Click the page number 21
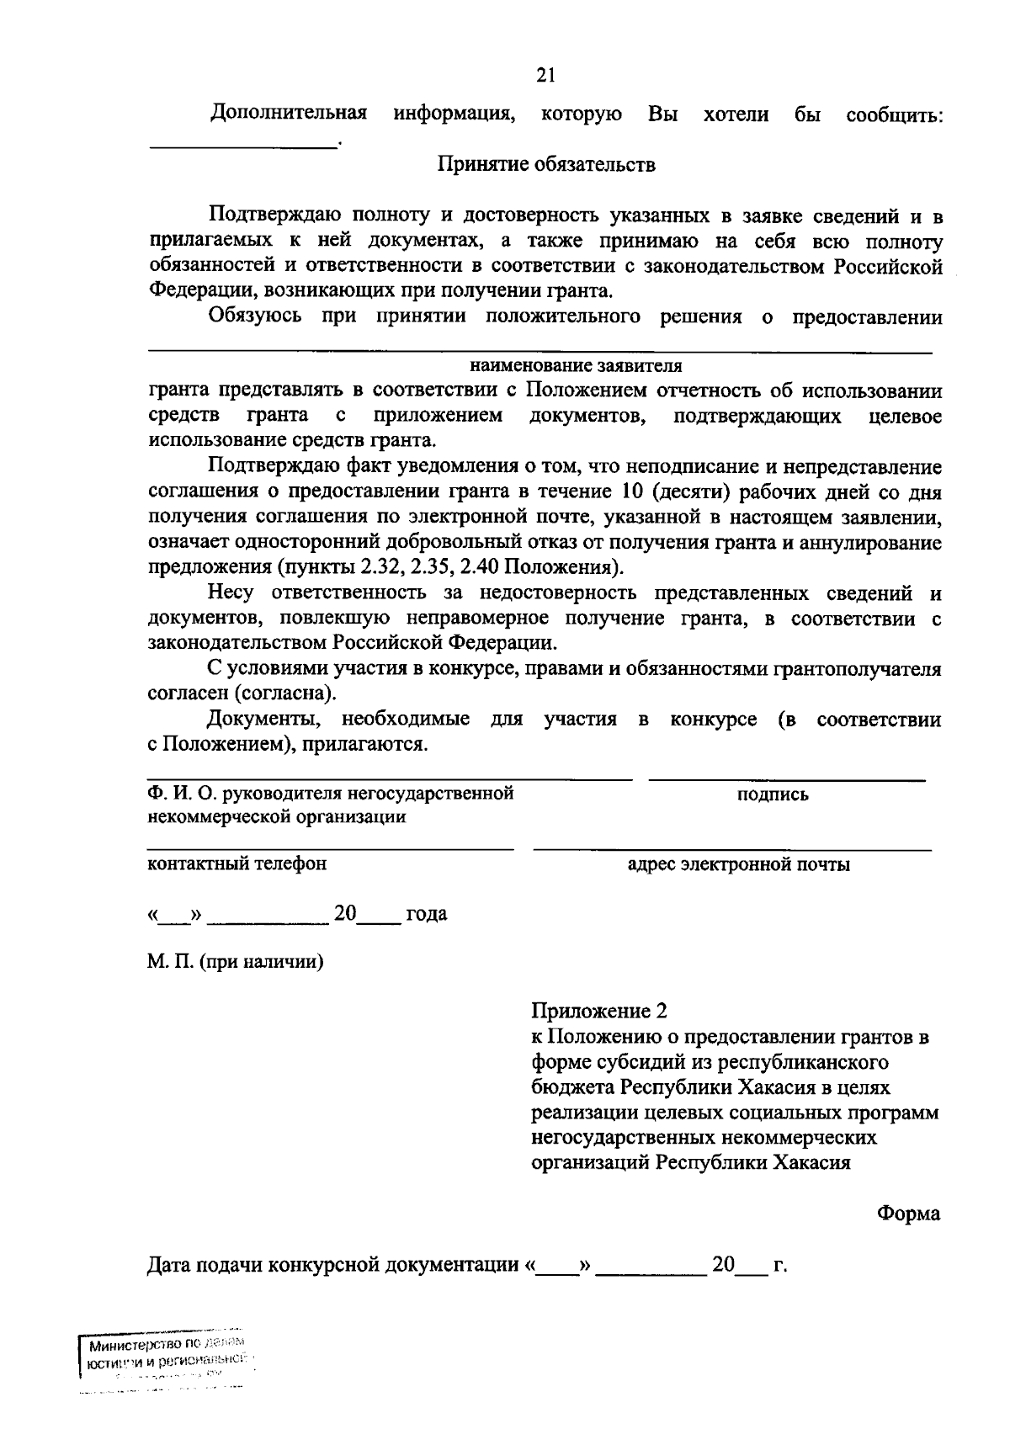(x=546, y=76)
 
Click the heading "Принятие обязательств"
(x=545, y=164)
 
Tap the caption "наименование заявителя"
(x=576, y=366)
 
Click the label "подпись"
(x=773, y=794)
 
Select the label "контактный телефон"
(x=237, y=863)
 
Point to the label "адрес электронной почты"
(x=739, y=864)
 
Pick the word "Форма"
(x=909, y=1214)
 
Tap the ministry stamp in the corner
(x=164, y=1364)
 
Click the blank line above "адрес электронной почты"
(x=732, y=849)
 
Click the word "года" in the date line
(x=426, y=914)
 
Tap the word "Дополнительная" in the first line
(x=289, y=114)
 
